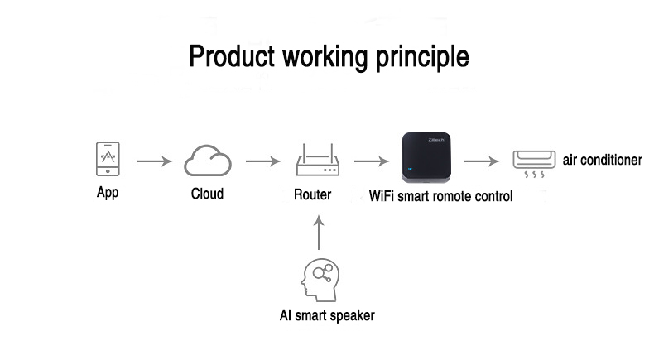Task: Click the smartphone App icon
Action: pos(108,159)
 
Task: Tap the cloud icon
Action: pos(208,161)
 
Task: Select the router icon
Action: pos(318,160)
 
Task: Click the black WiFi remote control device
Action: pos(426,158)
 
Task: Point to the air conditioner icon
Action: pos(534,164)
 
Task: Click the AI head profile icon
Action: pos(320,280)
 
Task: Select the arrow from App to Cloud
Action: pos(154,161)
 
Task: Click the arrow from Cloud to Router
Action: pos(262,161)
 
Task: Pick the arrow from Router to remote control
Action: pos(371,161)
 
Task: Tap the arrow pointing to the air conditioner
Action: pos(481,161)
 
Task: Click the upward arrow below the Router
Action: pos(319,233)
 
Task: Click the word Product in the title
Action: pos(232,56)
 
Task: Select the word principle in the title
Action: pos(422,58)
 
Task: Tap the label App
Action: pos(108,193)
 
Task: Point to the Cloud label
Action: pos(207,194)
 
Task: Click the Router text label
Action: pos(312,194)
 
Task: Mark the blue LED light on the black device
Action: pos(410,169)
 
